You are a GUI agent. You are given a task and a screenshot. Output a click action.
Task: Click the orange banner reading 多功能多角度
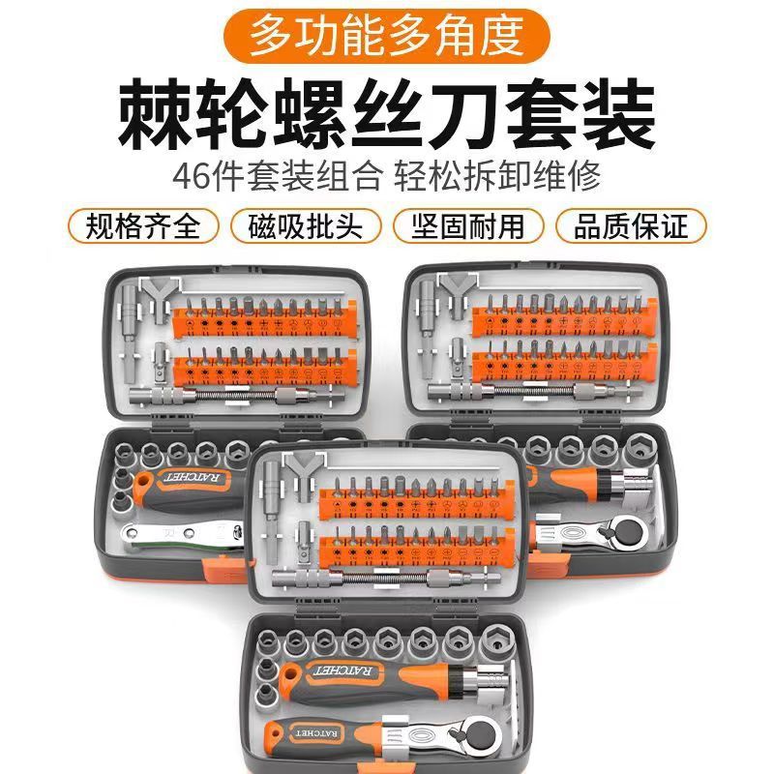pos(387,35)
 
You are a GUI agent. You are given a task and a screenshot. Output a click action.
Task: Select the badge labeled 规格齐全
pos(142,226)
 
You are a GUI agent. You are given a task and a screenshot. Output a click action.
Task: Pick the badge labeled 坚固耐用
pos(469,226)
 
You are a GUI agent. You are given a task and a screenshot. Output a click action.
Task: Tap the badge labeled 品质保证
pos(631,226)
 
